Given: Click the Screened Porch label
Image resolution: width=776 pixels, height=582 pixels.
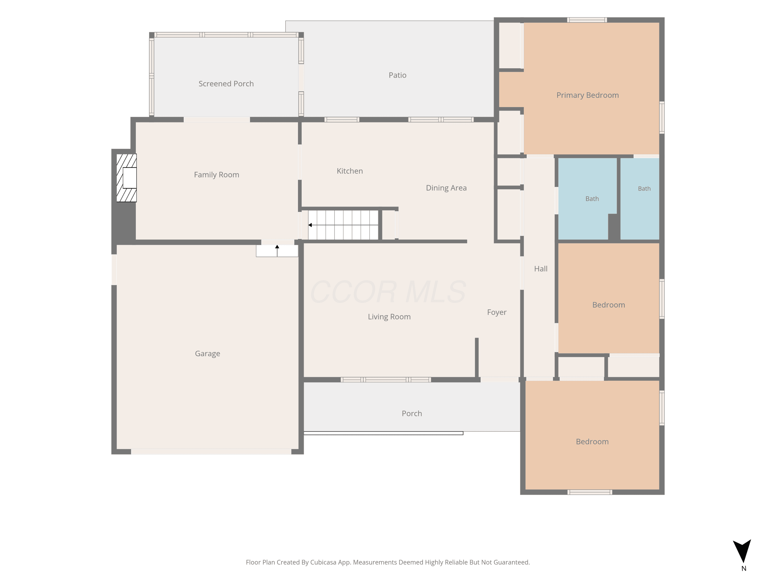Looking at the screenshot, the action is [x=226, y=84].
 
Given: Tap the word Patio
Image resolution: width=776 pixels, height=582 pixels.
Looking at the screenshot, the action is [x=398, y=75].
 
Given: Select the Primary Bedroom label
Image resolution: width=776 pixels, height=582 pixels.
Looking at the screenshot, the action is [x=588, y=95].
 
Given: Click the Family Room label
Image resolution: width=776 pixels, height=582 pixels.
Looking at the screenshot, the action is [x=217, y=175].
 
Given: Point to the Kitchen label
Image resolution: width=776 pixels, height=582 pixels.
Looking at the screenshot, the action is [x=350, y=171].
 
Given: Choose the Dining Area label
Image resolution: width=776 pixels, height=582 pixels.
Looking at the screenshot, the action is [x=446, y=188].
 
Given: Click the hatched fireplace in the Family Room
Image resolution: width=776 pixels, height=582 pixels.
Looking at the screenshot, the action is [x=126, y=178].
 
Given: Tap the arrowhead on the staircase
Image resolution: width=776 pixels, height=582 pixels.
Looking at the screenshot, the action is [x=310, y=225].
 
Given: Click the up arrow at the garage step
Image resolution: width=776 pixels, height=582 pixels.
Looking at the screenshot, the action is [x=277, y=251].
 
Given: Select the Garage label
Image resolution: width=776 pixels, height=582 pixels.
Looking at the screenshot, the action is [x=207, y=354].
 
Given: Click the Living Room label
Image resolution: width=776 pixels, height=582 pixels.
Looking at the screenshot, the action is [x=389, y=317].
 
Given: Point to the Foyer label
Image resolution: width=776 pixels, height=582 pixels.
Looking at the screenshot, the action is [x=497, y=312].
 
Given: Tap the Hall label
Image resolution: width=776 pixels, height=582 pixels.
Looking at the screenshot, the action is [x=541, y=269].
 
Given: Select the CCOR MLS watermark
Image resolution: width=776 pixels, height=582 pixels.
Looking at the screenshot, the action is [x=388, y=292].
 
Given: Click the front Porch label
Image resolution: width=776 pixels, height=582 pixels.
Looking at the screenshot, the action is [x=412, y=414].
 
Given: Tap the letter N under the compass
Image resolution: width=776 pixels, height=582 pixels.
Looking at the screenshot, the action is [x=744, y=569].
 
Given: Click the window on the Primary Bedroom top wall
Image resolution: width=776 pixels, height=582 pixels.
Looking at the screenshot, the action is [x=587, y=20].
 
